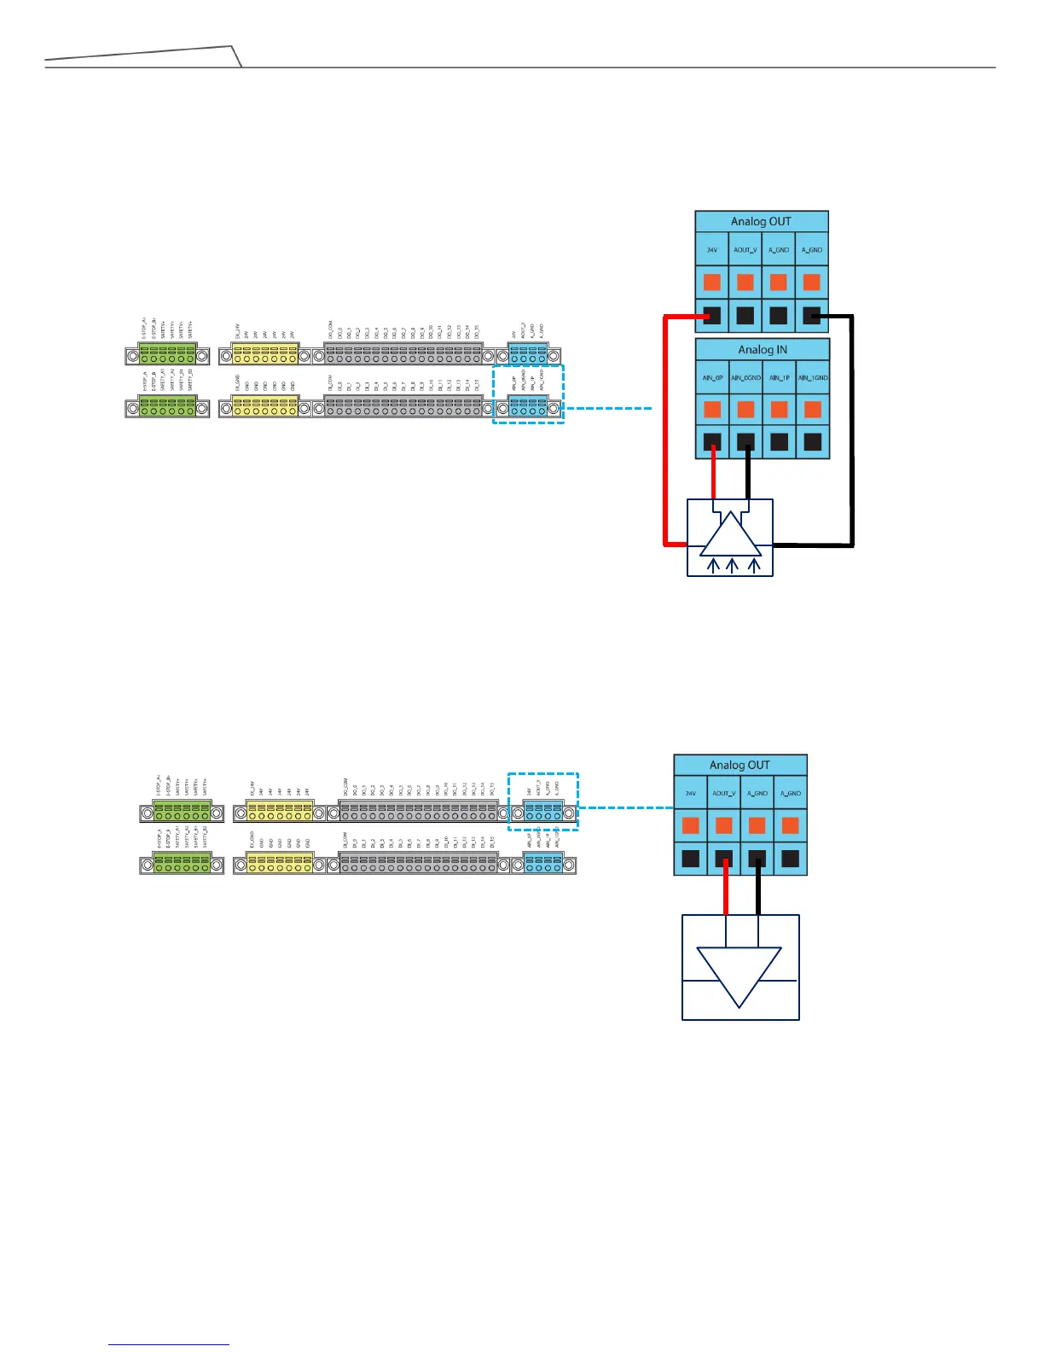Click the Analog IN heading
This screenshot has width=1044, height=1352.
point(763,350)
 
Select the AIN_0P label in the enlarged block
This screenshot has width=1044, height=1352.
point(712,377)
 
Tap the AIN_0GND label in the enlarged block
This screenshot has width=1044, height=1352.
point(745,377)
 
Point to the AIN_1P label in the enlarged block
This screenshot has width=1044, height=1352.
point(779,377)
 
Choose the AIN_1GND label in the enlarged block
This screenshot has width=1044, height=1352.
point(813,377)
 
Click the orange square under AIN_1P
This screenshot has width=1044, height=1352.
point(779,409)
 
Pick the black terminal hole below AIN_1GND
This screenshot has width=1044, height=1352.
point(813,442)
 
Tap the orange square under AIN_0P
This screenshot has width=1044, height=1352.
point(712,409)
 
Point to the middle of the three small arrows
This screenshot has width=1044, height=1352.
point(733,566)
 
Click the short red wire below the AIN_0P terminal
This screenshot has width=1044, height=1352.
point(713,475)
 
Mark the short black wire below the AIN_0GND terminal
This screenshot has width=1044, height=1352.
point(748,475)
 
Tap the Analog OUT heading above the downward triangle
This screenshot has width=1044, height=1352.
point(739,765)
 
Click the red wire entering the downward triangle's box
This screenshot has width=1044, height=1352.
point(726,888)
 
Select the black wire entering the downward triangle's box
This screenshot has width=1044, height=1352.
point(758,888)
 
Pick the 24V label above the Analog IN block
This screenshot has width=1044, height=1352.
point(712,250)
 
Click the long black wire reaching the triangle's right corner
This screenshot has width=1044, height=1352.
point(851,427)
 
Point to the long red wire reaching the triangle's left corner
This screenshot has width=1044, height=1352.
point(665,427)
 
